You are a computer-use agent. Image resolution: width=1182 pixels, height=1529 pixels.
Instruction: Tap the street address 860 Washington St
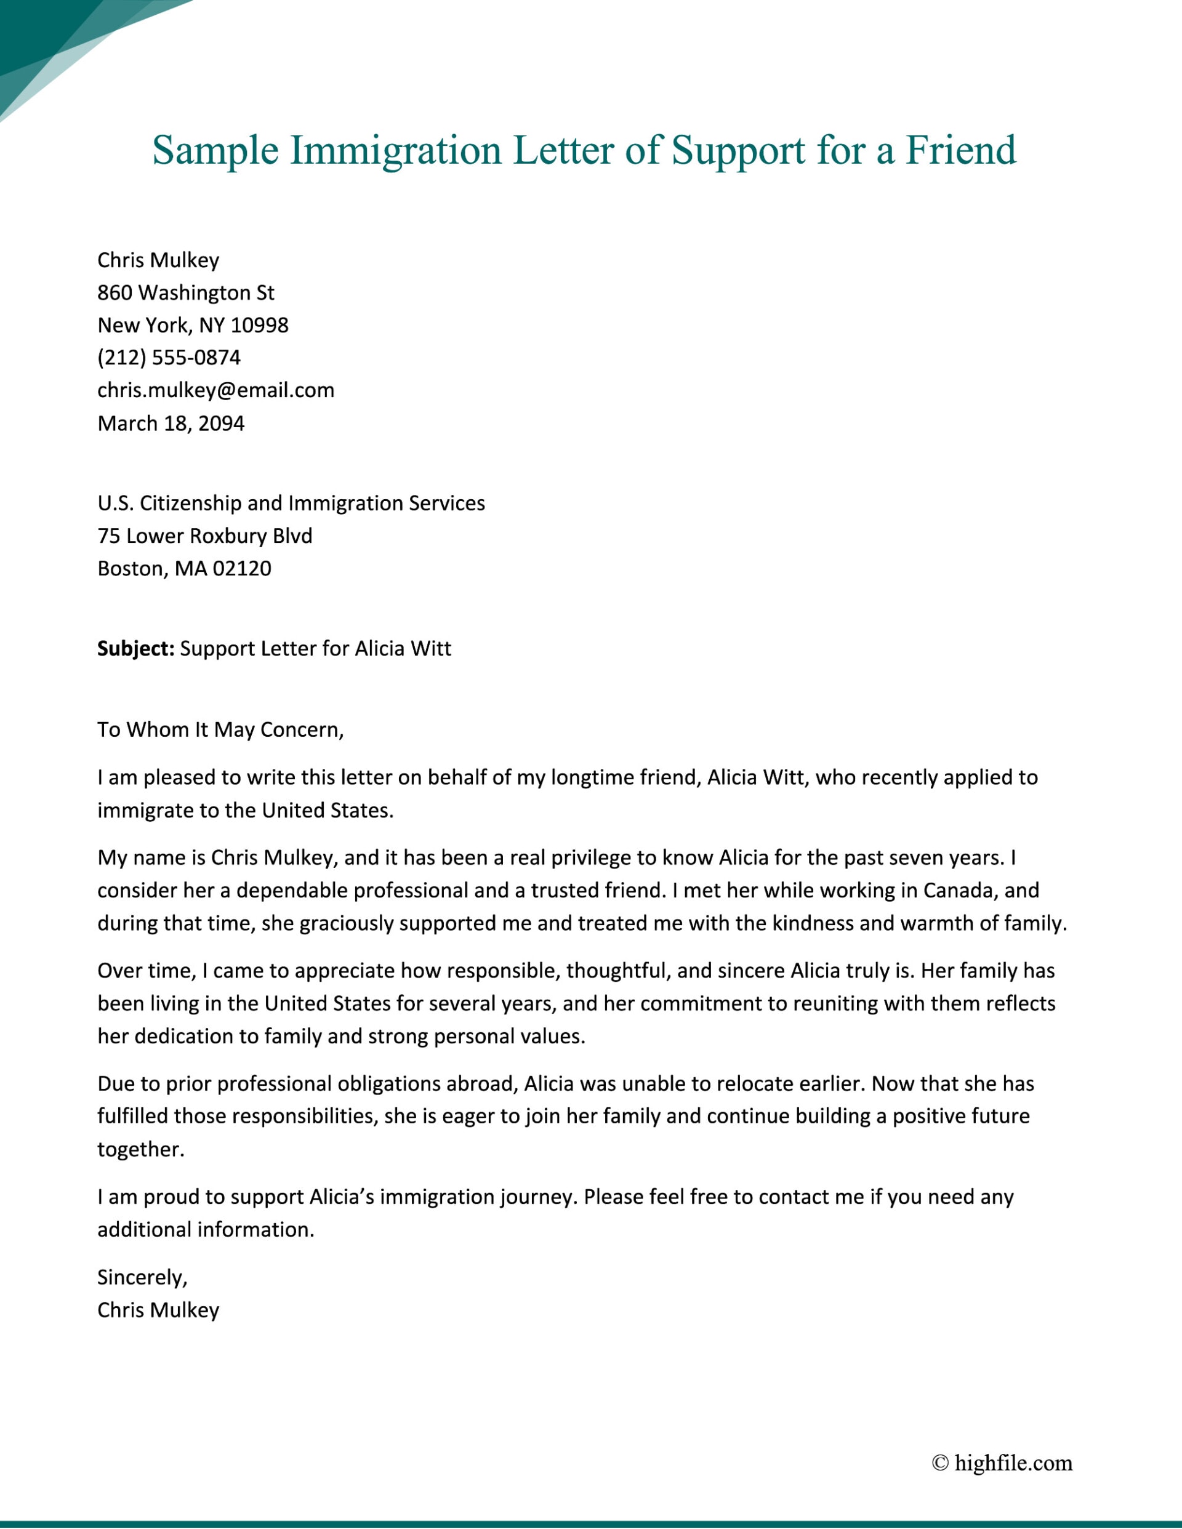coord(185,292)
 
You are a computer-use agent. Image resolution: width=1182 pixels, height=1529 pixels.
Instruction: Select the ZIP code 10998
coord(259,326)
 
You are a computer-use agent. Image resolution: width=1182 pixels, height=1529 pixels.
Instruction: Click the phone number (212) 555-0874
coord(169,358)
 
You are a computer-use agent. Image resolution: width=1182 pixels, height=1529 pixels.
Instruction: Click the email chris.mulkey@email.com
coord(215,390)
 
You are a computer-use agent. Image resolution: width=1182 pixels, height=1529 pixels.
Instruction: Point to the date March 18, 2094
coord(171,423)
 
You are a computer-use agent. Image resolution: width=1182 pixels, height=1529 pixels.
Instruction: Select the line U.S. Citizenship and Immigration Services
coord(291,504)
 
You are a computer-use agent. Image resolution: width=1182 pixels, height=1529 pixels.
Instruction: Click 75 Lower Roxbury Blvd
coord(204,536)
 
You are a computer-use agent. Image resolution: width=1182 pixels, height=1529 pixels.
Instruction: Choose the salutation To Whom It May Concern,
coord(220,730)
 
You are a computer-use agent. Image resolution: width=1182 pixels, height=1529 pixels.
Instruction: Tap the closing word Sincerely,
coord(142,1278)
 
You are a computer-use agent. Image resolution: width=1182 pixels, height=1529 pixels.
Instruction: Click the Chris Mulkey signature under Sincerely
coord(158,1310)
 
